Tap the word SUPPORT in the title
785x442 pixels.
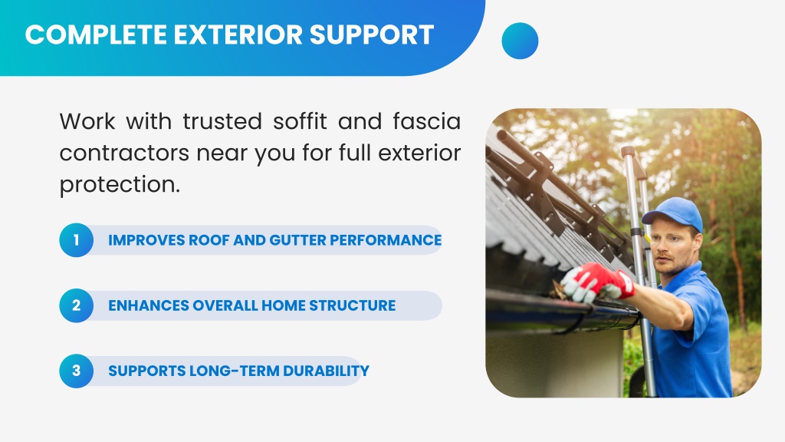[372, 35]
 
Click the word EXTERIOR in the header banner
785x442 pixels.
[238, 35]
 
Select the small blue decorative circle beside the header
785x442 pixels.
[520, 41]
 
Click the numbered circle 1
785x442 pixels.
[76, 240]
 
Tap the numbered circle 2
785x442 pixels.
[76, 305]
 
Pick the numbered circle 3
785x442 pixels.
[76, 371]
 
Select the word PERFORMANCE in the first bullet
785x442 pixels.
[386, 240]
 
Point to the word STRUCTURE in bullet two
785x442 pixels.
[352, 305]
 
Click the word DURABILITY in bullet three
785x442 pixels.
[326, 371]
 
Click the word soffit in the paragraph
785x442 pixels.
[300, 121]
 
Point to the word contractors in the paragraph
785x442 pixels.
[124, 153]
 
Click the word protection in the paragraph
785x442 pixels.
[117, 185]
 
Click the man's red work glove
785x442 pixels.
[599, 282]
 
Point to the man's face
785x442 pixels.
[671, 248]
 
